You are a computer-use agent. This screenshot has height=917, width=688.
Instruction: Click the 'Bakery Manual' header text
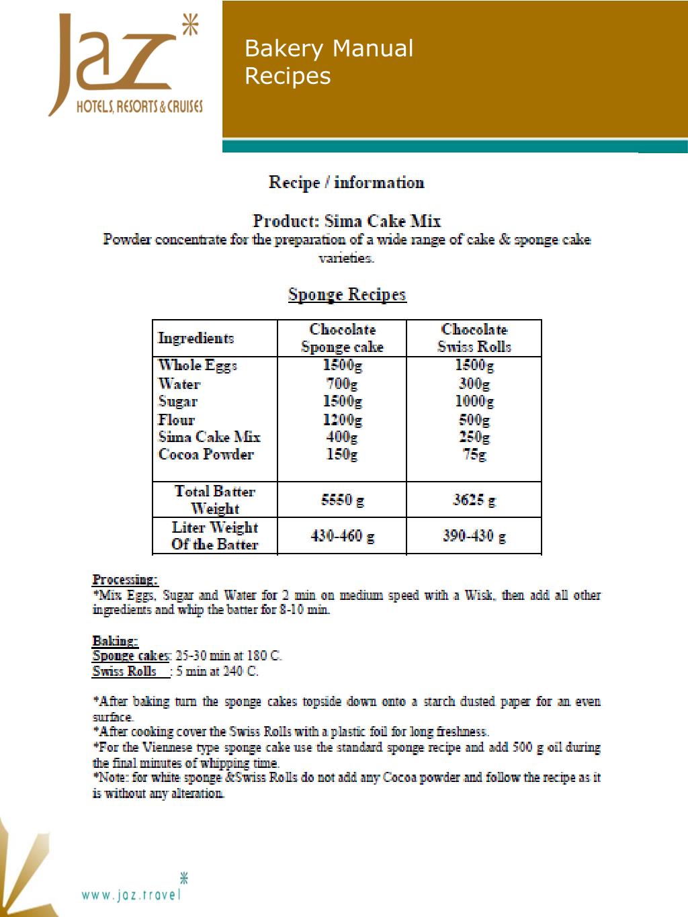click(329, 48)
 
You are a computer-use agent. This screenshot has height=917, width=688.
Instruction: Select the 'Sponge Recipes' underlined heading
click(347, 294)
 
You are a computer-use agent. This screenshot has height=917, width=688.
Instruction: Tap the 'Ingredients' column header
click(196, 338)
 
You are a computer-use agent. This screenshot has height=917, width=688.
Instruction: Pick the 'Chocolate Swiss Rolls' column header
click(474, 338)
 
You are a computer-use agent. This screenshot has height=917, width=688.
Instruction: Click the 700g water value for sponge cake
click(342, 384)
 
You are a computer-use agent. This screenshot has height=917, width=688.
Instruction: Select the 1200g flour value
click(342, 420)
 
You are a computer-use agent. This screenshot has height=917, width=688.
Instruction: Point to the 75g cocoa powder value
click(474, 455)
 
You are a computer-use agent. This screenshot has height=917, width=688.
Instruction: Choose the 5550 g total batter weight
click(342, 500)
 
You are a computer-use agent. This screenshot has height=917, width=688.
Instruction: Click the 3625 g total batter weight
click(474, 500)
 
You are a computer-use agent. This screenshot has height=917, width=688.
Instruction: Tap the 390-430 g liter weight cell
click(474, 536)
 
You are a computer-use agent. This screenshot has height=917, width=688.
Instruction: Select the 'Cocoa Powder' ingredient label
click(206, 455)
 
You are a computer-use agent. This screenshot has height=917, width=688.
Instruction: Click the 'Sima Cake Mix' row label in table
click(209, 437)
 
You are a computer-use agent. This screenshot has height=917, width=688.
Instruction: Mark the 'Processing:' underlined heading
click(125, 579)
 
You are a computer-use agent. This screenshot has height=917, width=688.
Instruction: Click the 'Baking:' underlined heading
click(115, 640)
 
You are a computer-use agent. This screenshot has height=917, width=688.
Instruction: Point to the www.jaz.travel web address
click(132, 894)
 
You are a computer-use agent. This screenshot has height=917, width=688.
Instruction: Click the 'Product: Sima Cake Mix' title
click(347, 220)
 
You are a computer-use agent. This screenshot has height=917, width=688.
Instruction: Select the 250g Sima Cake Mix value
click(474, 437)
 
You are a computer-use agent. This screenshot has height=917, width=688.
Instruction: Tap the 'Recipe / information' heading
click(347, 182)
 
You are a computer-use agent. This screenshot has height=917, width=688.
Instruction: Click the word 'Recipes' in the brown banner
click(288, 76)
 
